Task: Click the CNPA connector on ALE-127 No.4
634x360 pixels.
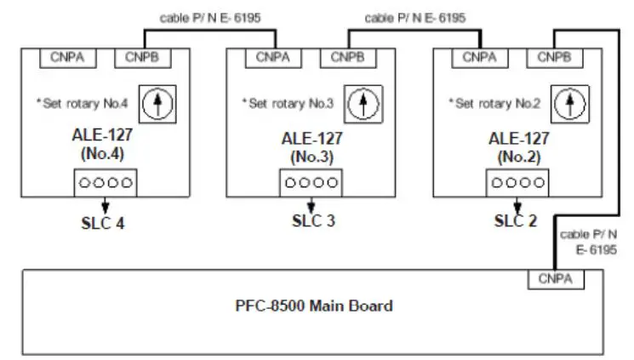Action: (x=68, y=58)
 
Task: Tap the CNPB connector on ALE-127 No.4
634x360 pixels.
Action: (x=142, y=58)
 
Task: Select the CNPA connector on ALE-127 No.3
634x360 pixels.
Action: (x=273, y=58)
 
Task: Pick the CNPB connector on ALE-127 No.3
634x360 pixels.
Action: (x=347, y=58)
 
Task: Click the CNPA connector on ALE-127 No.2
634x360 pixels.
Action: (x=480, y=58)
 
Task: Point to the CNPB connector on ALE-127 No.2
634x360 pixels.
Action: (x=554, y=58)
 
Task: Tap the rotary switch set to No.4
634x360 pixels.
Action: (x=157, y=106)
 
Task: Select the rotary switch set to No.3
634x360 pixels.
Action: (x=364, y=106)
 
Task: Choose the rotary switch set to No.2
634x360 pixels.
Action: (x=570, y=106)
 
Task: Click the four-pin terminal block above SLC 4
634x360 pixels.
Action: (x=104, y=183)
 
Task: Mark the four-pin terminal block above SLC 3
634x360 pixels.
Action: (x=310, y=183)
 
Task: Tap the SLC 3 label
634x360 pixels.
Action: (x=310, y=223)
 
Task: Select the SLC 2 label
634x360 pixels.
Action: (x=517, y=223)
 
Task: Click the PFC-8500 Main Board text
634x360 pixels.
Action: (x=313, y=306)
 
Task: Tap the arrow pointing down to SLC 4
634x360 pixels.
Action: (x=104, y=204)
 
